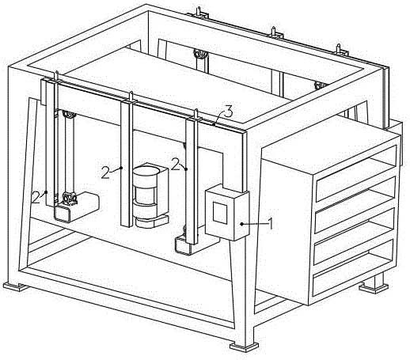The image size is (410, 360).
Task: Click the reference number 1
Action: pos(270,224)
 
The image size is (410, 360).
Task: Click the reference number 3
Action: pos(229,112)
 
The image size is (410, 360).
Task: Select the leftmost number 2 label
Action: pos(36,197)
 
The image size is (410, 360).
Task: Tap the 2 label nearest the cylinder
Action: pos(106,173)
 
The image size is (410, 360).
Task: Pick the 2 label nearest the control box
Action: pos(176,164)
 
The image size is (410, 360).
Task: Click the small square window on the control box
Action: pos(220,213)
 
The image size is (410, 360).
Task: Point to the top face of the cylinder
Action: pos(146,170)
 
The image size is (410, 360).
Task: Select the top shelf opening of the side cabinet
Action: pos(356,173)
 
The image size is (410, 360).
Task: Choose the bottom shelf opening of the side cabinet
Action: pos(354,274)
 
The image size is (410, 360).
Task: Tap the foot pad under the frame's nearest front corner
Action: pos(244,347)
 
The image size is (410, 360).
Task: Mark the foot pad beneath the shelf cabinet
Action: pos(374,287)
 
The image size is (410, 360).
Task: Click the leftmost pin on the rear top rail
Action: pos(199,11)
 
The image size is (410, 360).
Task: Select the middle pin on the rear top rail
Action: pos(274,31)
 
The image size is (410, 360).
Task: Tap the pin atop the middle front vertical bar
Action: pos(131,96)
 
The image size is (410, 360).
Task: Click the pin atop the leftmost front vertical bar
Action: pos(57,76)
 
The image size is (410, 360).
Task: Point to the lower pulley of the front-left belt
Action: pos(69,198)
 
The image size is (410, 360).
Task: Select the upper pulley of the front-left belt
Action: pos(69,116)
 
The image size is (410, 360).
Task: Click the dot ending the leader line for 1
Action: pos(241,224)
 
